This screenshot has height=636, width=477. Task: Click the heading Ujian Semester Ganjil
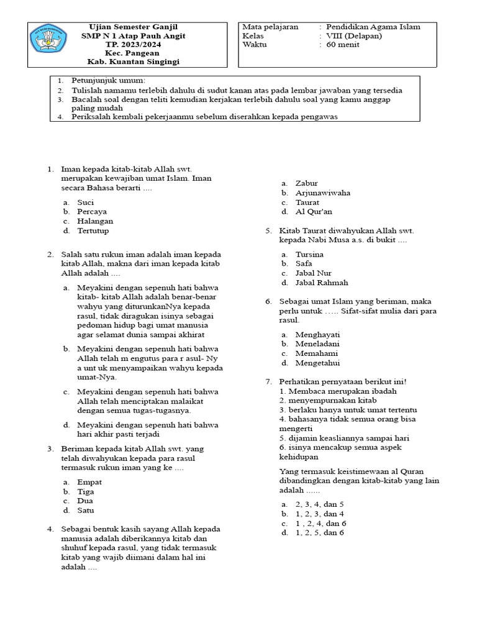tap(134, 27)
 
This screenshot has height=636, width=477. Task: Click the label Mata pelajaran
tap(271, 27)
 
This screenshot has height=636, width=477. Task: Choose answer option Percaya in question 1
tap(92, 212)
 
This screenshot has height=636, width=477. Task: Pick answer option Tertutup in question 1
tap(93, 230)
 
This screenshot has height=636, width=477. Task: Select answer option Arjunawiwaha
tap(322, 193)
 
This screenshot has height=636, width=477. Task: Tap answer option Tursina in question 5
tap(309, 254)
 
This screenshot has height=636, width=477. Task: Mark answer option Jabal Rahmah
tap(317, 283)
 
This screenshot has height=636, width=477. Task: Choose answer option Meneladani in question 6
tap(317, 343)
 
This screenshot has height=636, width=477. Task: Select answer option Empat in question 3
tap(89, 482)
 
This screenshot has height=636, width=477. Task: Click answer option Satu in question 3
tap(86, 511)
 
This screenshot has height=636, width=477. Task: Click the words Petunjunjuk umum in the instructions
tap(109, 81)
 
